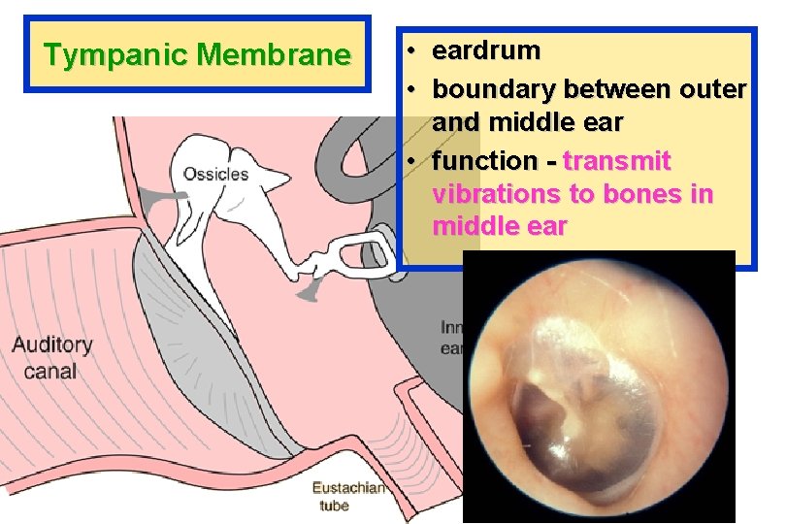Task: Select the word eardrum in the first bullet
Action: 486,49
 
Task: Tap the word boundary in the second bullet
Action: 494,89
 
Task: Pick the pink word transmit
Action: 617,160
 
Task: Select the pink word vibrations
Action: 495,195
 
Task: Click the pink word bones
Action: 631,195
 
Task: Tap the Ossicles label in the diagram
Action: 215,175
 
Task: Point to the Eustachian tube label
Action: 346,496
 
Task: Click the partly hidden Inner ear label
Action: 451,338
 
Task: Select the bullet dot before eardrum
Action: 413,49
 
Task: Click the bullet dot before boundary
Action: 413,89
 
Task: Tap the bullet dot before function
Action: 413,160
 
